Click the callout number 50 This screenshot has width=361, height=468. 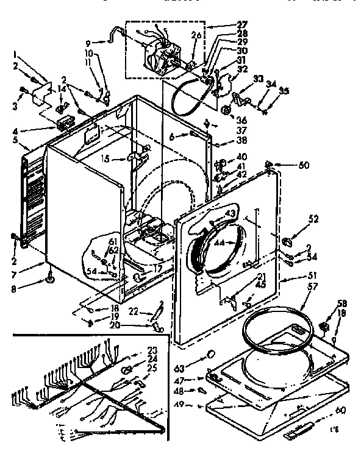pyautogui.click(x=304, y=165)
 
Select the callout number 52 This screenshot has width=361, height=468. pyautogui.click(x=313, y=219)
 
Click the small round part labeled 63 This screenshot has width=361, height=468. pyautogui.click(x=211, y=355)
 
